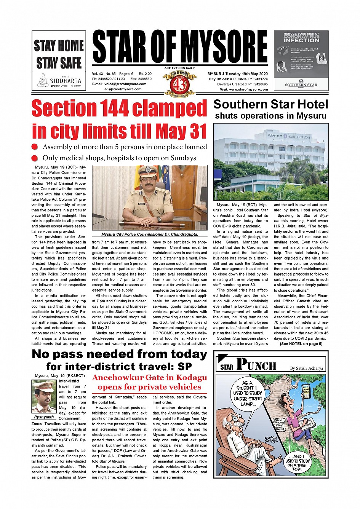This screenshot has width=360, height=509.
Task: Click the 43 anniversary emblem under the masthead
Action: click(179, 84)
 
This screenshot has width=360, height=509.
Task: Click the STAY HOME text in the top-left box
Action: click(59, 46)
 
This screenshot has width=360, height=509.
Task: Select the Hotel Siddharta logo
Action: click(59, 81)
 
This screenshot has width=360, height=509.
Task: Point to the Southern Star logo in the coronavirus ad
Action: click(301, 83)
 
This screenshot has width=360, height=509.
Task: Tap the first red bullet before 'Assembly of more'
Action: click(35, 147)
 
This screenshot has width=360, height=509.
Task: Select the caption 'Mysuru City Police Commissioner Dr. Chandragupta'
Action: click(149, 235)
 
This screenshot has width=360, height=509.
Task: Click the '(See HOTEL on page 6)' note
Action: click(301, 344)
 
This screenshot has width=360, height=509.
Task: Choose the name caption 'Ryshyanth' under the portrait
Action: click(44, 417)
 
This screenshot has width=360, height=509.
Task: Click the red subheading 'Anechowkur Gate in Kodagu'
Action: click(149, 378)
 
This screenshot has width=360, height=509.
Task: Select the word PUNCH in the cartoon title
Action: click(256, 365)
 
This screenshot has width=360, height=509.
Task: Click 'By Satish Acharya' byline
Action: click(306, 368)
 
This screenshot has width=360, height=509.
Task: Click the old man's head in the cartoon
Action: click(238, 421)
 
